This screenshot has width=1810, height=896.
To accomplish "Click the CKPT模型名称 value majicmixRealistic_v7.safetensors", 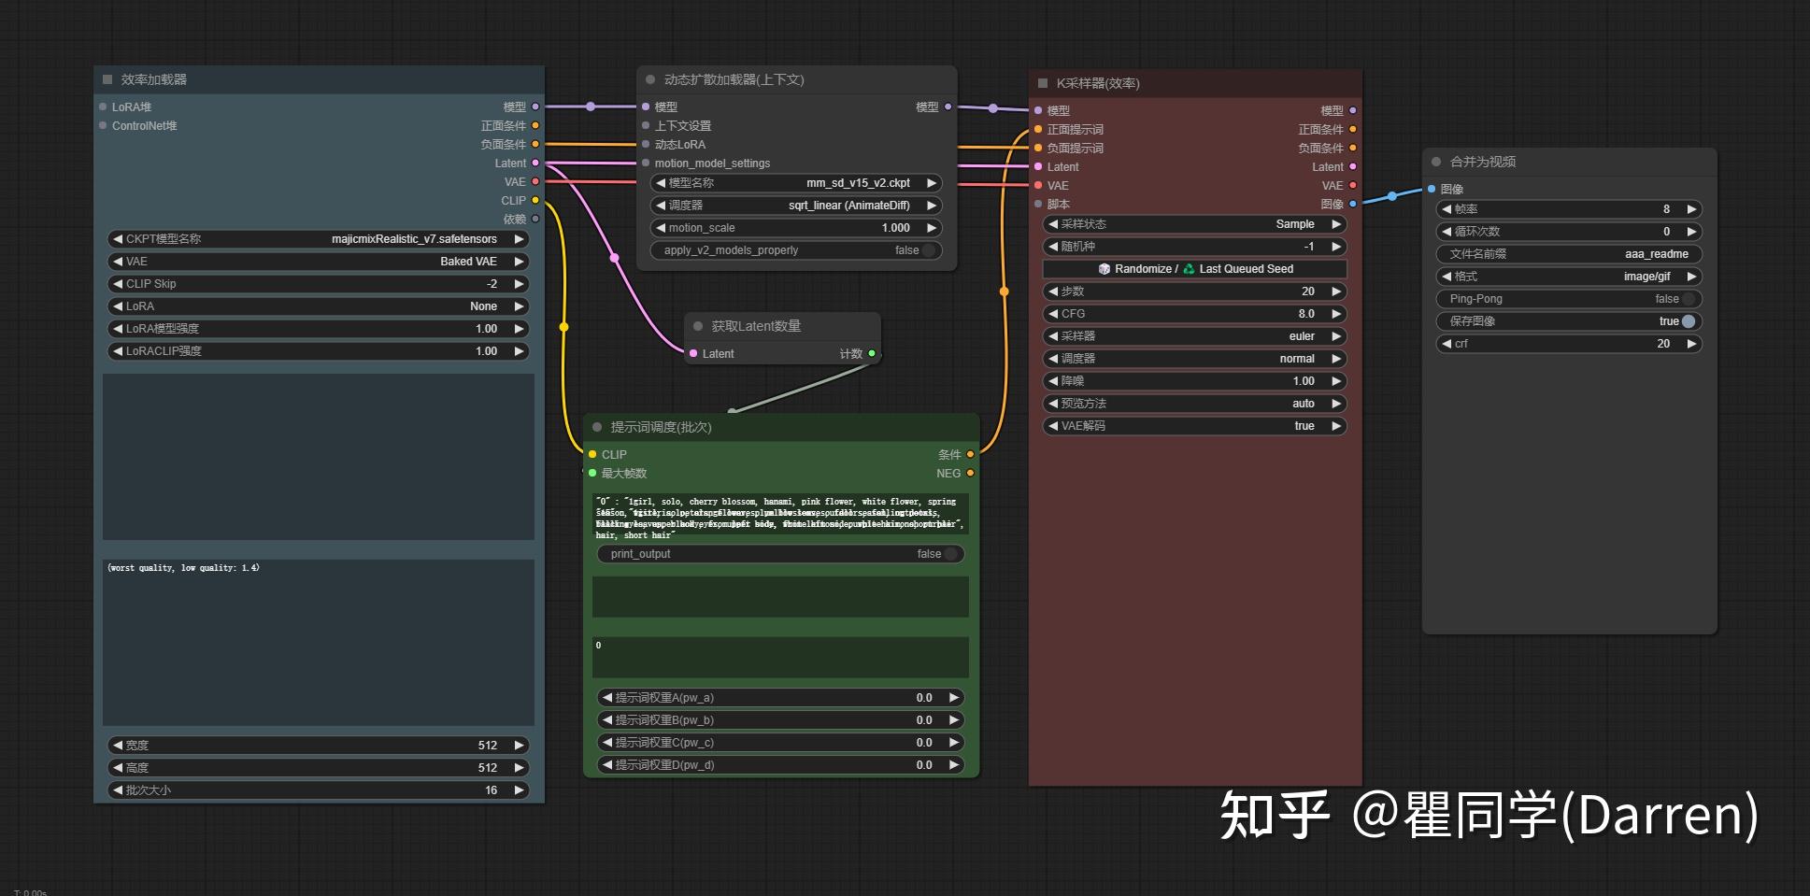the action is click(x=414, y=239).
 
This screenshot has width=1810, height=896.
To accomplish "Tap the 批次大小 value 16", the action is click(x=491, y=790).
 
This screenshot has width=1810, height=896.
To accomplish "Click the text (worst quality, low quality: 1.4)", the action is click(x=184, y=568).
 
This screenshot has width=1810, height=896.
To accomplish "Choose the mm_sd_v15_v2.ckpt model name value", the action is click(x=858, y=183).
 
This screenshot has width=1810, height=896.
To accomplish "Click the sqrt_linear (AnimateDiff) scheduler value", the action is click(x=848, y=206).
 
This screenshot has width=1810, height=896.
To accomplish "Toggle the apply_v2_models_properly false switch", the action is click(x=928, y=250).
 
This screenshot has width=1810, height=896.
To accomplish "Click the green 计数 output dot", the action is click(x=872, y=353).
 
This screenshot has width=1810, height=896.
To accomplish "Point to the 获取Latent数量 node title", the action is click(x=756, y=326).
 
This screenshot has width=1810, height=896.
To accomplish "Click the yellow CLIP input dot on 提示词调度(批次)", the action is click(x=592, y=454).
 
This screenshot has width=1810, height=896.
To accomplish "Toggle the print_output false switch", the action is click(x=950, y=554).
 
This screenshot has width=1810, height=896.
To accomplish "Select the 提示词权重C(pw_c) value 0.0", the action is click(x=923, y=743).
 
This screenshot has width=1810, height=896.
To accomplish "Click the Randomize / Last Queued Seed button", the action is click(x=1195, y=269).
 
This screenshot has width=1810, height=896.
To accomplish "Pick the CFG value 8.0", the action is click(x=1305, y=314).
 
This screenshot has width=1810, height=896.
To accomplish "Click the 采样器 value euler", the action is click(x=1301, y=336).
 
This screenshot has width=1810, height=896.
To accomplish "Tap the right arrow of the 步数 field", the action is click(x=1336, y=292).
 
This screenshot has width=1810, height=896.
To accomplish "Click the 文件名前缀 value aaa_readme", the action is click(x=1656, y=254).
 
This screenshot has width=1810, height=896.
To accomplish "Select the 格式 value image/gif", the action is click(x=1646, y=277).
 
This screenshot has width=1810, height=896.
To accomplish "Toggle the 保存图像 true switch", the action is click(x=1688, y=321).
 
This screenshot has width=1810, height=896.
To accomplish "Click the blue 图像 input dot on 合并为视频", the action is click(x=1432, y=189).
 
